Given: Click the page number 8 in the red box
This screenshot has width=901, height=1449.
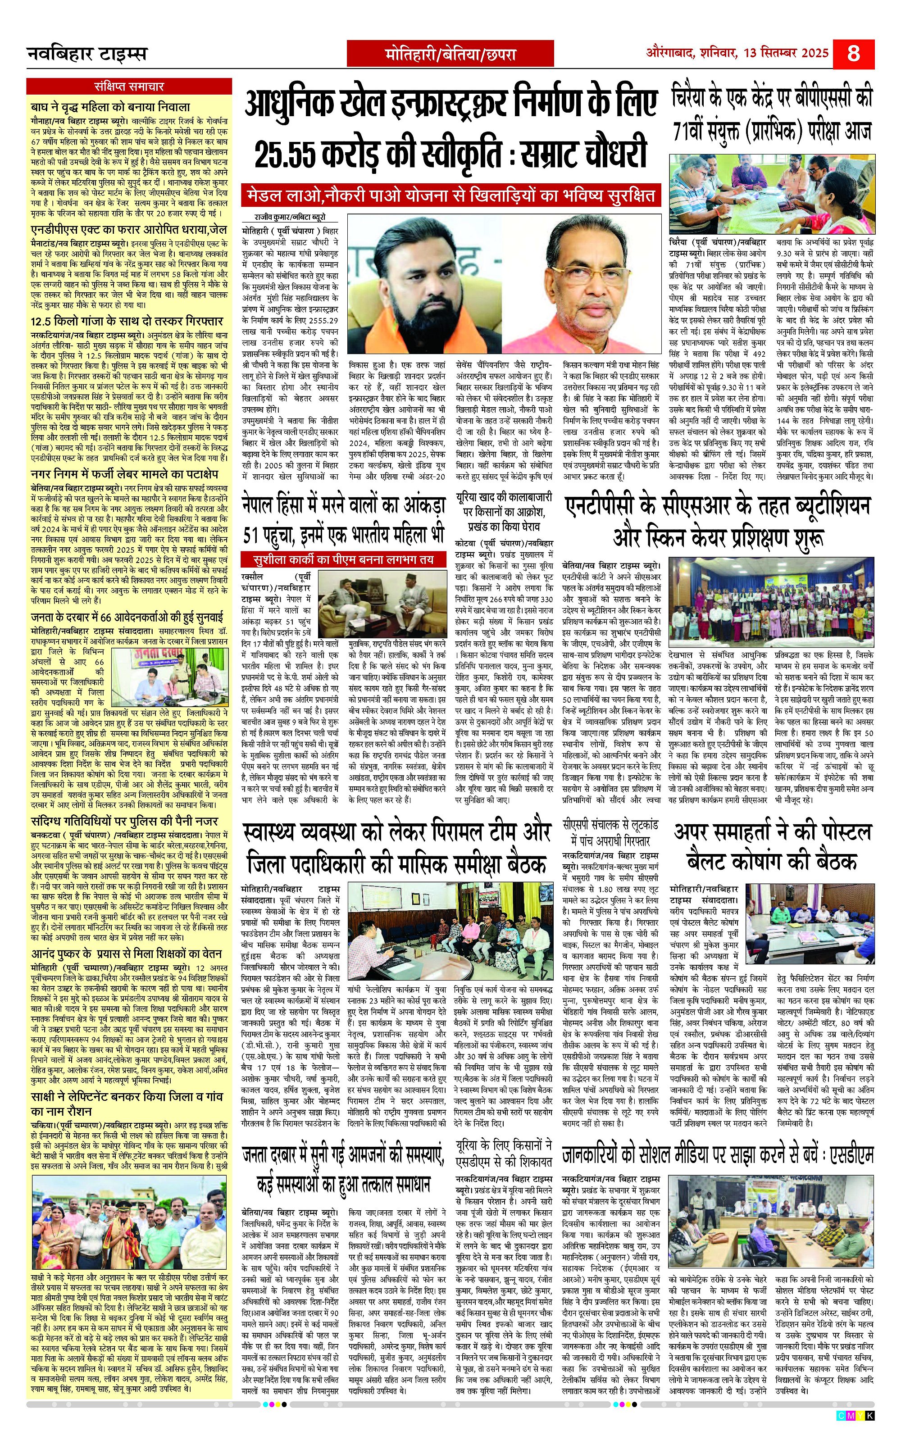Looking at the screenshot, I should tap(853, 54).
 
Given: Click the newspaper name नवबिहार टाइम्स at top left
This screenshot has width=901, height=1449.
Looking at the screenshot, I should tap(87, 55).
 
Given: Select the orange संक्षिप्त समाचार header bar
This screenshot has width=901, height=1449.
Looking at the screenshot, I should tap(129, 86).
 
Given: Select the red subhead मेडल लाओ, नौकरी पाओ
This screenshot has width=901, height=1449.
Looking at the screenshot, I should tap(334, 195).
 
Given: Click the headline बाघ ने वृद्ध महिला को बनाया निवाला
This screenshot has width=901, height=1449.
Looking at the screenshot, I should tap(111, 107).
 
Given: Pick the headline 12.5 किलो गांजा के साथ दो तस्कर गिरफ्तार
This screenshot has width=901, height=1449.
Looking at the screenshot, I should tap(126, 321).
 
